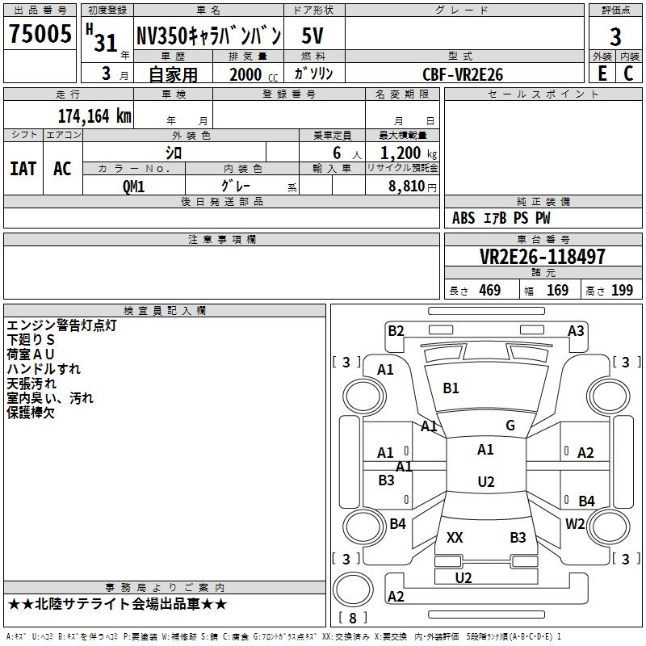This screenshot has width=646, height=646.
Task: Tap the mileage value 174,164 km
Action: click(x=94, y=115)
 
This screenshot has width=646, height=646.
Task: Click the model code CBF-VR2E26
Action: click(x=463, y=74)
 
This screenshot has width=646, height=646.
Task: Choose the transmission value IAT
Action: click(x=23, y=169)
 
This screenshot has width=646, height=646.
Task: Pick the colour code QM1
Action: click(x=134, y=186)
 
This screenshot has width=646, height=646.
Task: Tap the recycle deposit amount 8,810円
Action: click(x=409, y=186)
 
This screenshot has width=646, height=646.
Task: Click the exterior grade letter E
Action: click(x=602, y=73)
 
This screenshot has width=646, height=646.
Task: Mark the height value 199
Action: click(x=622, y=291)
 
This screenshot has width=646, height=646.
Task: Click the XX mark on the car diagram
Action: click(x=455, y=537)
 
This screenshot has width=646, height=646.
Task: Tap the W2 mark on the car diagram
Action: click(x=575, y=523)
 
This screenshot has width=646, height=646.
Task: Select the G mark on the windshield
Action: click(x=510, y=426)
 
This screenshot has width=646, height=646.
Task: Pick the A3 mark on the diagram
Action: click(x=576, y=330)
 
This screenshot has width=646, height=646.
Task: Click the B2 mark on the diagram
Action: click(x=396, y=330)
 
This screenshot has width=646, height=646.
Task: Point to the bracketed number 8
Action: click(x=353, y=619)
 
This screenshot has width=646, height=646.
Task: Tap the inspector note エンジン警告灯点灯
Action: click(x=61, y=325)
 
